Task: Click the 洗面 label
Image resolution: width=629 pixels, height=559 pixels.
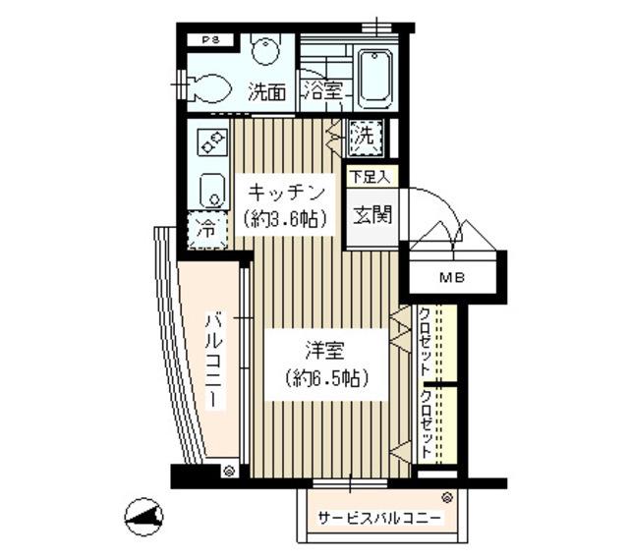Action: (x=266, y=93)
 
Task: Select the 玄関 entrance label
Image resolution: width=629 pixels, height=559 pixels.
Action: (x=372, y=213)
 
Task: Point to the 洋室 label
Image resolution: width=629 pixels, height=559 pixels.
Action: (x=323, y=349)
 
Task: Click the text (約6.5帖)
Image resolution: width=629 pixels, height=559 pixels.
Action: (x=323, y=378)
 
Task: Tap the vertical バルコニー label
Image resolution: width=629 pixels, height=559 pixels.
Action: (x=213, y=363)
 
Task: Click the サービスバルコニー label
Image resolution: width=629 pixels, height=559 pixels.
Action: (x=378, y=519)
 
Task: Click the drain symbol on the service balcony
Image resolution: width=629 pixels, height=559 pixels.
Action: (x=447, y=498)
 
